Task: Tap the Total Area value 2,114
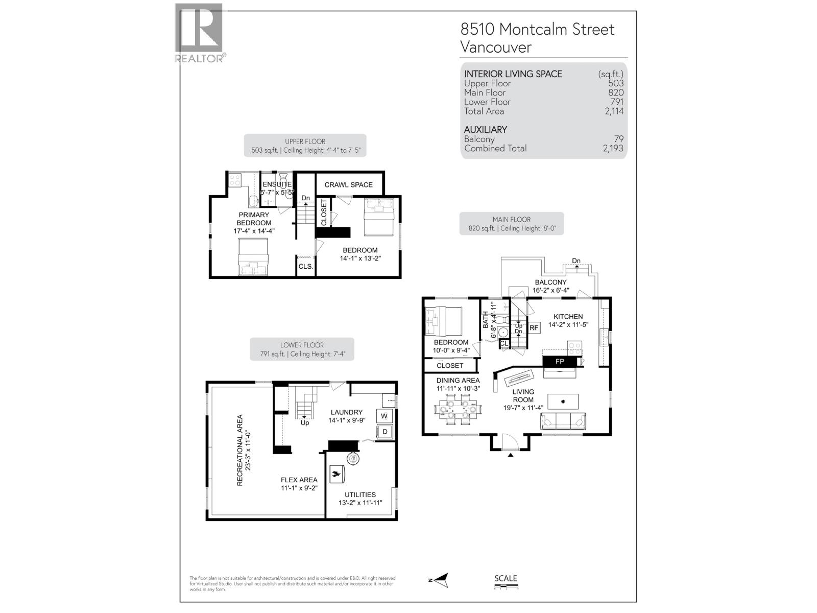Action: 614,111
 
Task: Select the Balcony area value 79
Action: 619,139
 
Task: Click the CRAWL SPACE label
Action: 348,185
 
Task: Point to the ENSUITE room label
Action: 277,184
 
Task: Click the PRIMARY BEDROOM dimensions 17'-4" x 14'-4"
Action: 254,231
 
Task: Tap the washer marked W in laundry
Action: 384,416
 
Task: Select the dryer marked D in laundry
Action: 385,432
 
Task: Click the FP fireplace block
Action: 560,362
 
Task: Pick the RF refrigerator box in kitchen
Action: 534,328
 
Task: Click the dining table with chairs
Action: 458,410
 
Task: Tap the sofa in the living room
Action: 563,422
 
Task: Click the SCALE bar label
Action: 506,578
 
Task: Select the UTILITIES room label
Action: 360,494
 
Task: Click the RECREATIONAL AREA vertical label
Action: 244,450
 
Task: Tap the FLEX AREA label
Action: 299,480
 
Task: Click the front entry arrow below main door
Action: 510,454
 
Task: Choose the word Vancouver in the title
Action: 496,48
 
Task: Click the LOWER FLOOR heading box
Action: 302,349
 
